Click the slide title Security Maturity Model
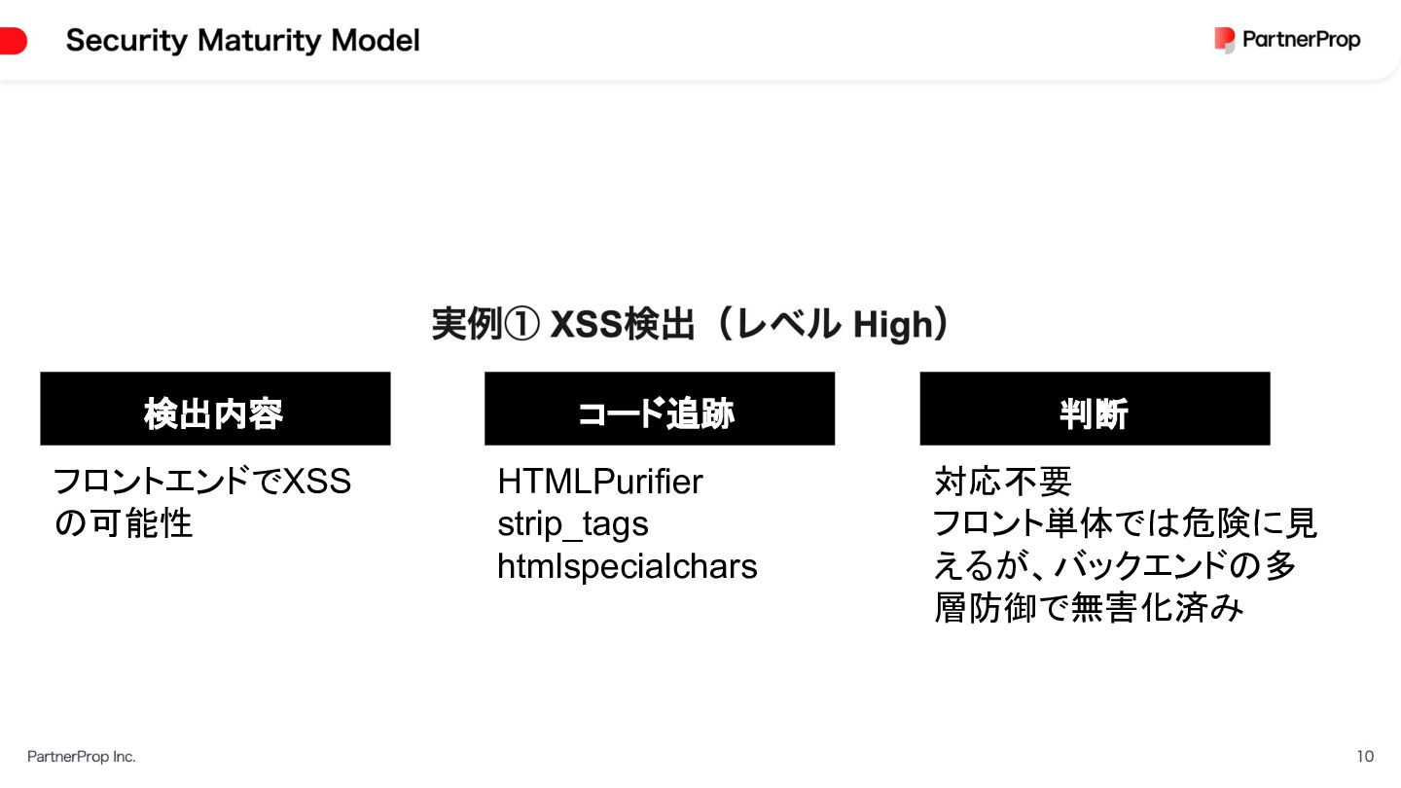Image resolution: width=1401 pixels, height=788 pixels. coord(243,41)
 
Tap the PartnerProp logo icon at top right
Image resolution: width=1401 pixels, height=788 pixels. coord(1224,40)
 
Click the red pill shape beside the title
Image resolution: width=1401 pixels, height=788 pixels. coord(13,41)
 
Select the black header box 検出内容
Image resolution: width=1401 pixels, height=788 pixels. coord(215,409)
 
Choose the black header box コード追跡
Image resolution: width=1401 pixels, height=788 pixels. coord(660,409)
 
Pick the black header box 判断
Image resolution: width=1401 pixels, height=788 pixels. coord(1095,409)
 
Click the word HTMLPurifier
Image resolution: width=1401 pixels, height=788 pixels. coord(599,482)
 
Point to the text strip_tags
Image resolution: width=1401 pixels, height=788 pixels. coord(572,524)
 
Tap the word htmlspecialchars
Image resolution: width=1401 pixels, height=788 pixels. coord(627,566)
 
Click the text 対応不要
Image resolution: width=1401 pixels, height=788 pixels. coord(1002,482)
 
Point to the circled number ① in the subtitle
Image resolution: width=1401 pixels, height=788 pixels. coord(521,325)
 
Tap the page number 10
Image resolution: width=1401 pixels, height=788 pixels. coord(1365,756)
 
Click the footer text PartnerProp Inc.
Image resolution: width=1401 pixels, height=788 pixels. coord(82,756)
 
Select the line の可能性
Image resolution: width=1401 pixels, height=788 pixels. coord(123,524)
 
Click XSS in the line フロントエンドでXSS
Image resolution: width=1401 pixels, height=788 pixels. coord(316,482)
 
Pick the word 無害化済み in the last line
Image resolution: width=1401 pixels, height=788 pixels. coord(1157,609)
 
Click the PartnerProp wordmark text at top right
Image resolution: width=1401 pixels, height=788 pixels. coord(1301,40)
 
